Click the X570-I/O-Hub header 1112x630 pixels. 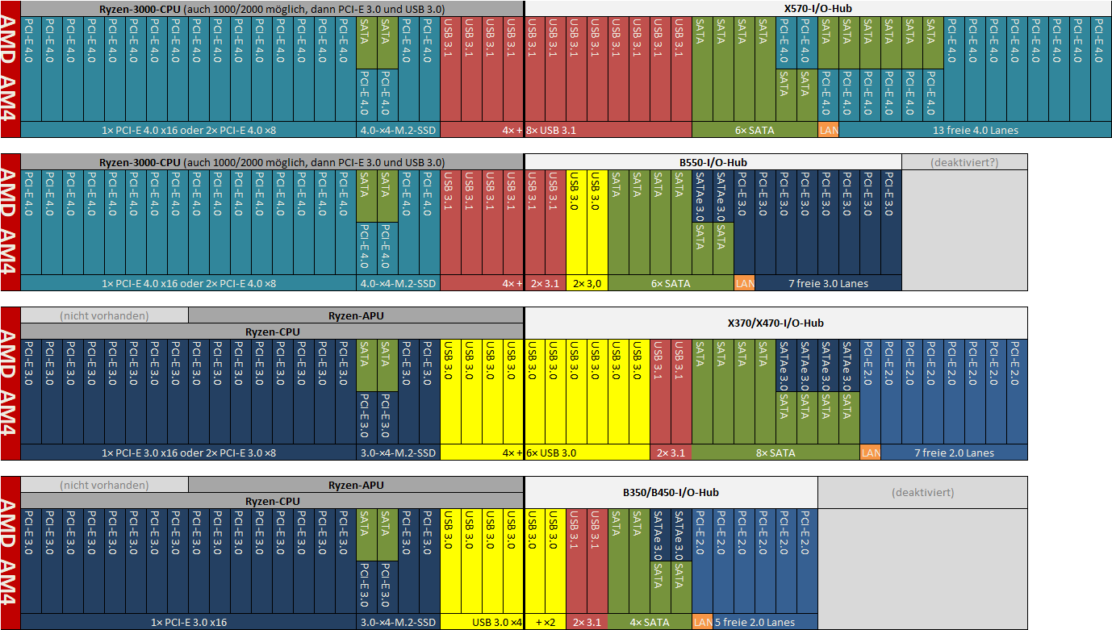[x=817, y=8]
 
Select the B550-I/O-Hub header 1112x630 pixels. [x=713, y=162]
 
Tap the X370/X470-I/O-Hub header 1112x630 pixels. [x=775, y=323]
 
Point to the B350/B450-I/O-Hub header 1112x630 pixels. [x=671, y=492]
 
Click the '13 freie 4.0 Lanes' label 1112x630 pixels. [x=975, y=131]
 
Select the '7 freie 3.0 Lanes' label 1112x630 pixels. [x=828, y=284]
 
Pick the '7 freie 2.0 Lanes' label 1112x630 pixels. [x=954, y=453]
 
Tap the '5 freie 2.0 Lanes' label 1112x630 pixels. [x=755, y=622]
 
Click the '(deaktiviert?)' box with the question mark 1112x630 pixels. [x=964, y=162]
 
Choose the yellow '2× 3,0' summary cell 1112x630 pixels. [x=587, y=284]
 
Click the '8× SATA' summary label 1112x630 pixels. [x=775, y=453]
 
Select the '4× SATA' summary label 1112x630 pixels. [x=650, y=622]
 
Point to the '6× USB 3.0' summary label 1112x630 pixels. [x=551, y=453]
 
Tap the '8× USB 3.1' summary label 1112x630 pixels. [x=551, y=131]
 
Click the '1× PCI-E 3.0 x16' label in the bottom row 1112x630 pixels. [x=189, y=622]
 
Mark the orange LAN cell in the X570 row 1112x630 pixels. [x=829, y=131]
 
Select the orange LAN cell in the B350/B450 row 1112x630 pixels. [x=702, y=622]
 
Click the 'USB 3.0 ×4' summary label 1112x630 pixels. [x=496, y=622]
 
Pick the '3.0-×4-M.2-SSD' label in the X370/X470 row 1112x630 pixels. [x=398, y=453]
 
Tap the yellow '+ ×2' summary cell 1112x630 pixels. [x=545, y=622]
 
